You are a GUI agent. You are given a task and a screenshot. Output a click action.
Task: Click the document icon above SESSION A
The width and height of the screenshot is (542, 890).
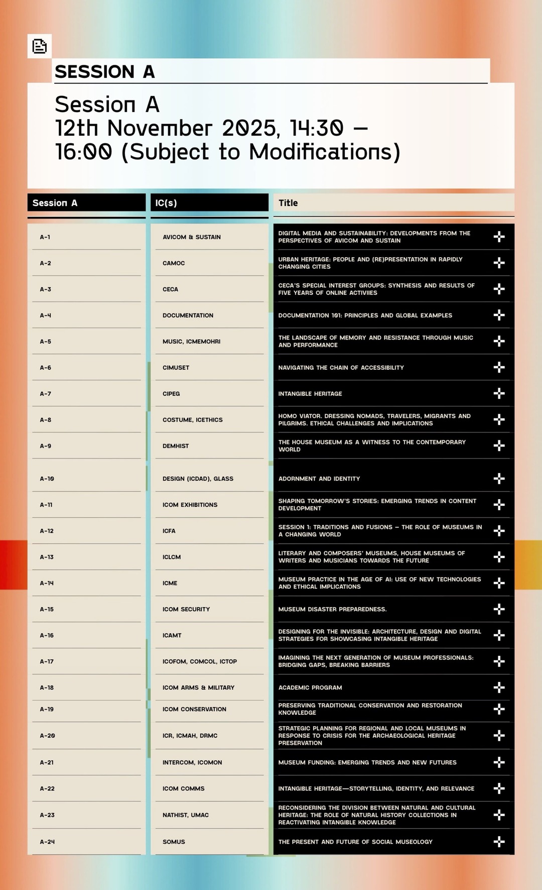pyautogui.click(x=39, y=46)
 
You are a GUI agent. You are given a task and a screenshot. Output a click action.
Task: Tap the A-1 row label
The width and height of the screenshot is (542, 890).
pyautogui.click(x=45, y=237)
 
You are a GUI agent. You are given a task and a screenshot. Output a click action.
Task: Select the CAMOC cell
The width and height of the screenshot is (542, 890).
pyautogui.click(x=174, y=263)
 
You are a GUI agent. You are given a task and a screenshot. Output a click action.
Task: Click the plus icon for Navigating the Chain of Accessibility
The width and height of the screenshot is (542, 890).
pyautogui.click(x=499, y=368)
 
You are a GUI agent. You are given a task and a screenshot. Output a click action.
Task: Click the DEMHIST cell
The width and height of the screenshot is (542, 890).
pyautogui.click(x=176, y=446)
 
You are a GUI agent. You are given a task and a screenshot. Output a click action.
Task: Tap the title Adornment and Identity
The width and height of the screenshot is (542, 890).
pyautogui.click(x=319, y=479)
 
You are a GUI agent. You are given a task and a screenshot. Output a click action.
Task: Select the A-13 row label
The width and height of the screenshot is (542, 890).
pyautogui.click(x=47, y=557)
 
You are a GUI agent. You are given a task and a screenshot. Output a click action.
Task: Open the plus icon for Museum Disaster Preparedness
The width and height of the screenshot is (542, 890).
pyautogui.click(x=499, y=609)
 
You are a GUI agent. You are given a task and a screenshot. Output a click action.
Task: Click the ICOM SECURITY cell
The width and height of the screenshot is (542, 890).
pyautogui.click(x=186, y=609)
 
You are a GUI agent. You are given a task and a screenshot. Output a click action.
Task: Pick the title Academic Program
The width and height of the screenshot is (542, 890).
pyautogui.click(x=310, y=688)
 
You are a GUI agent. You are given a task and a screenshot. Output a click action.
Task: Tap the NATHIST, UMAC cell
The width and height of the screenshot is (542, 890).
pyautogui.click(x=186, y=815)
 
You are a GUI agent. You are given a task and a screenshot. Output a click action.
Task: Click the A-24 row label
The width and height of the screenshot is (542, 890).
pyautogui.click(x=47, y=842)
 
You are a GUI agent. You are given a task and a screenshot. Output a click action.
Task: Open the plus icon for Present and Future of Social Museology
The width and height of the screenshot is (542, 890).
pyautogui.click(x=499, y=842)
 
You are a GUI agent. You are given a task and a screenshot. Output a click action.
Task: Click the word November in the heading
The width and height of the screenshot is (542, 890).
pyautogui.click(x=160, y=129)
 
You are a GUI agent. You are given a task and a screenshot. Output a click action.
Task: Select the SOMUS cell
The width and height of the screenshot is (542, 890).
pyautogui.click(x=174, y=842)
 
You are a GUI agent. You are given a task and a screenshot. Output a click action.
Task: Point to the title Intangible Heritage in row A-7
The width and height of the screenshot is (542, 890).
pyautogui.click(x=310, y=394)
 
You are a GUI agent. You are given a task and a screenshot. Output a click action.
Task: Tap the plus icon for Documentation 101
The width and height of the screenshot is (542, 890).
pyautogui.click(x=499, y=315)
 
